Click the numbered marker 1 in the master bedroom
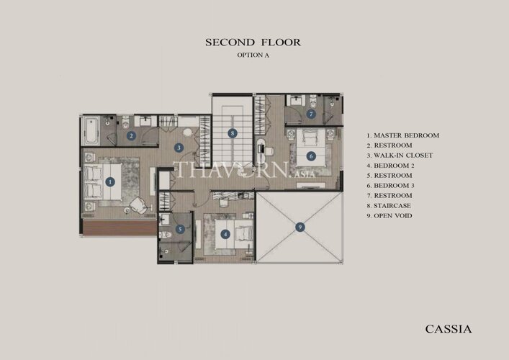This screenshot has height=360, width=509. point(110,181)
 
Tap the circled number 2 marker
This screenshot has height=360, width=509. point(131,135)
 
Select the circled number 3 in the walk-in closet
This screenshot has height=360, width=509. point(179,148)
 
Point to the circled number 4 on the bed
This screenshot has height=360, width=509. point(225,234)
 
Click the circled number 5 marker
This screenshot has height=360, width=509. point(180,230)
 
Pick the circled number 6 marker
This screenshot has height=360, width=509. point(311,156)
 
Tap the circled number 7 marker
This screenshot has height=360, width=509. point(311,114)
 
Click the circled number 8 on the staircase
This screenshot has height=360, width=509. point(232,133)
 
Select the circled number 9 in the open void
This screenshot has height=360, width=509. point(300,227)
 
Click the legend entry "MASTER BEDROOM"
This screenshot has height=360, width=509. point(407,135)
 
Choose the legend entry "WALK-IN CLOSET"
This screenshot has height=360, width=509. point(403,156)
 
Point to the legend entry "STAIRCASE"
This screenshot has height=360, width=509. point(392,206)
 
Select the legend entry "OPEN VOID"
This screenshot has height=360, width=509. point(393,216)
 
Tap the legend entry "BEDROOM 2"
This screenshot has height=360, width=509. point(394,166)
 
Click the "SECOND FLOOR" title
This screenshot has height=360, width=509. point(253,42)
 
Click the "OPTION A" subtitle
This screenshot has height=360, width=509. point(253,55)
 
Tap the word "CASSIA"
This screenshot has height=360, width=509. point(449,329)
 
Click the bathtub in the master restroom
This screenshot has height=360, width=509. point(91,131)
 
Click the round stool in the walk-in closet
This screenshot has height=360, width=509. point(187,132)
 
